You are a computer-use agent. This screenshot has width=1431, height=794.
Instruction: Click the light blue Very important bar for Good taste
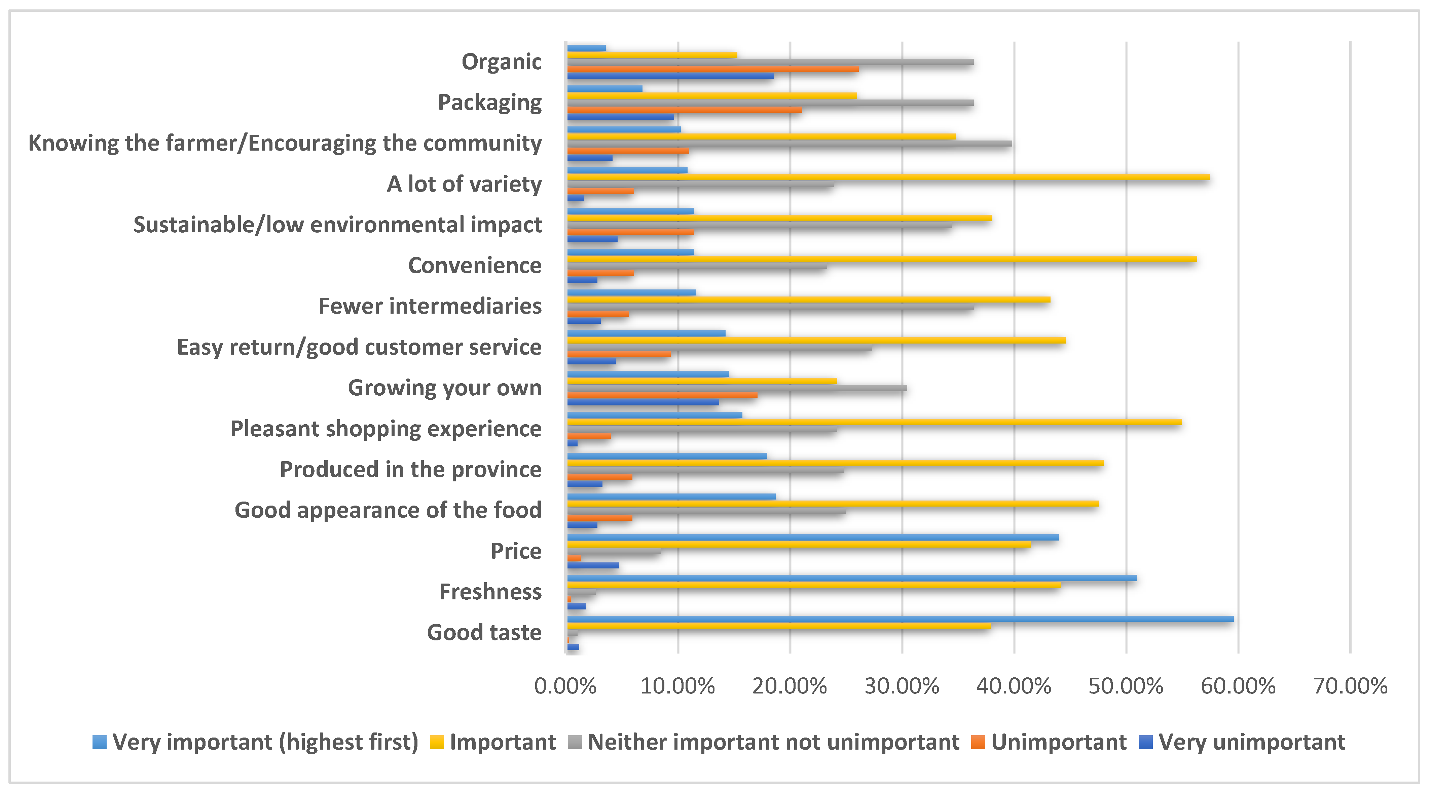[x=900, y=619]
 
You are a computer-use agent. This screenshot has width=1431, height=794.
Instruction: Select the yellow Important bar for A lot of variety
[x=888, y=177]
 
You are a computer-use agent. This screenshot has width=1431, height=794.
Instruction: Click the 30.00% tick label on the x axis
[x=902, y=686]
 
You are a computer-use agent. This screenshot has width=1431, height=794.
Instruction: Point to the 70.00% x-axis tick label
[x=1350, y=686]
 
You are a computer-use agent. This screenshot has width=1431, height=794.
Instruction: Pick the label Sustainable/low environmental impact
[x=337, y=225]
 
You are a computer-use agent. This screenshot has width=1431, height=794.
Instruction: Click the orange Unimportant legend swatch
[x=978, y=742]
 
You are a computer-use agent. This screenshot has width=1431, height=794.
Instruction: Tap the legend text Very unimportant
[x=1252, y=742]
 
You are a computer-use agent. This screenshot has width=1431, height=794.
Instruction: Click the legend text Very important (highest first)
[x=265, y=742]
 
